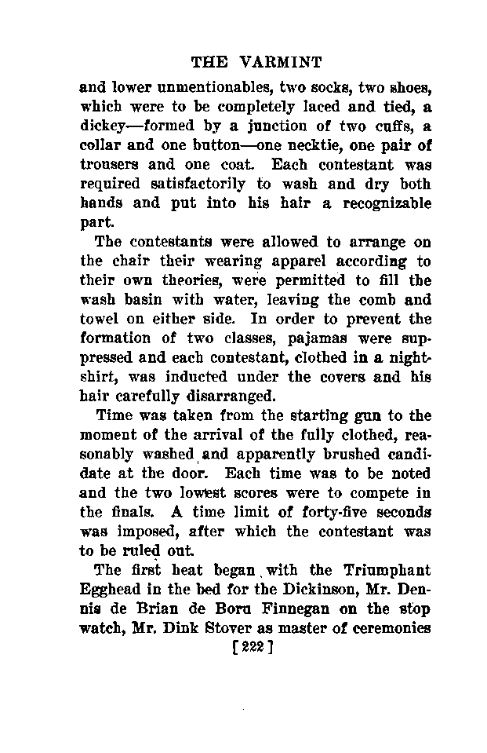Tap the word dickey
click(103, 126)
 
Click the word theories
click(192, 280)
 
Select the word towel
click(100, 320)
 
